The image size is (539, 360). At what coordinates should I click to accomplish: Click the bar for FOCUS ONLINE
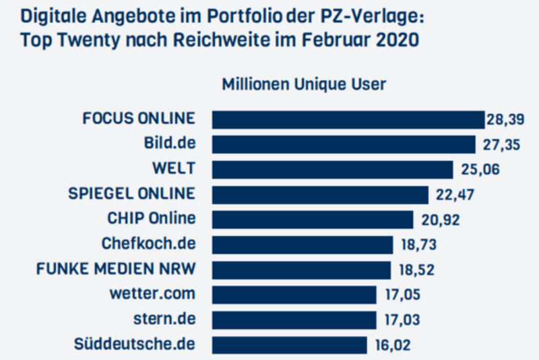(348, 119)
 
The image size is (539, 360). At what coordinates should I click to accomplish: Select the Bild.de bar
(344, 144)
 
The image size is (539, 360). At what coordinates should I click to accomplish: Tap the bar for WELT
(333, 169)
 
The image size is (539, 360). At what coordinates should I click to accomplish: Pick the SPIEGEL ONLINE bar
(320, 195)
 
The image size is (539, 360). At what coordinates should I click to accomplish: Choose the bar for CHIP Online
(313, 220)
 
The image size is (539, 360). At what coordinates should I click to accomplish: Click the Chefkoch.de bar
(303, 245)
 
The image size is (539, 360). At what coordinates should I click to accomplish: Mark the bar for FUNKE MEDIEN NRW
(301, 270)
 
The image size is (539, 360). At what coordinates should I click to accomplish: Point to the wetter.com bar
(294, 295)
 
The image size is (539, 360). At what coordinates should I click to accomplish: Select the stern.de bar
(294, 320)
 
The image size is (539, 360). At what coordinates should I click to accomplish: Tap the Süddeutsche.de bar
(290, 344)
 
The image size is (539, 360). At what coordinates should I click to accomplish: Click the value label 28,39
(504, 120)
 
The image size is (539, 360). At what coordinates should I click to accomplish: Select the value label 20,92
(437, 220)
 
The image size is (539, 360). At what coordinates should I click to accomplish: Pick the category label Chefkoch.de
(148, 244)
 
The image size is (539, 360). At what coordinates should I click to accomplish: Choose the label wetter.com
(152, 295)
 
